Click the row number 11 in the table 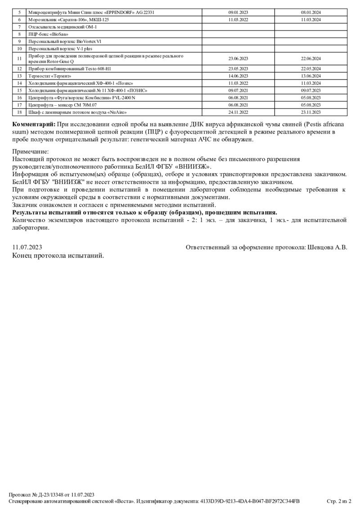tap(19, 58)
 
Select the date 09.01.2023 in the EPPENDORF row tap(238, 13)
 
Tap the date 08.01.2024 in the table tap(310, 13)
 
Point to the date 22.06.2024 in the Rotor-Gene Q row tap(310, 58)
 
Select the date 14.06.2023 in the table tap(238, 76)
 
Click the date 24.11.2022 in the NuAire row tap(238, 112)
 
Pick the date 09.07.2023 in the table tap(310, 90)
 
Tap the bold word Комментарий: tap(34, 124)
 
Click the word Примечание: tap(30, 152)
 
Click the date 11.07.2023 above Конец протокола tap(27, 247)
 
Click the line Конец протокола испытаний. tap(58, 255)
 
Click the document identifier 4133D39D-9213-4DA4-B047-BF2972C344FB tap(249, 501)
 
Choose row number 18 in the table tap(19, 112)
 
